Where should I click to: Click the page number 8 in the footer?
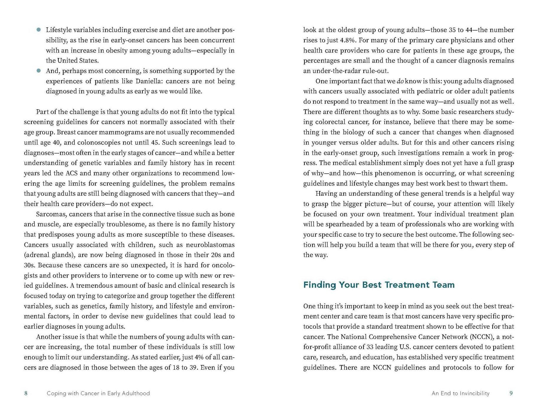pyautogui.click(x=26, y=393)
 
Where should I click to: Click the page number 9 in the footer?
pyautogui.click(x=511, y=393)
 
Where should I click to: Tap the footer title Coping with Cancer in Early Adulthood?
pyautogui.click(x=98, y=393)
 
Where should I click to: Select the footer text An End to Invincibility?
pyautogui.click(x=460, y=393)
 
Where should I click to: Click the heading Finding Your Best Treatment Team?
pyautogui.click(x=379, y=285)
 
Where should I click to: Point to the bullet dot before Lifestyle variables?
pyautogui.click(x=38, y=30)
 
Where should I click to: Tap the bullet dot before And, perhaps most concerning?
pyautogui.click(x=38, y=71)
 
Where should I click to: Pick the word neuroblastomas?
pyautogui.click(x=210, y=245)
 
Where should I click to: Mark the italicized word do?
pyautogui.click(x=400, y=81)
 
